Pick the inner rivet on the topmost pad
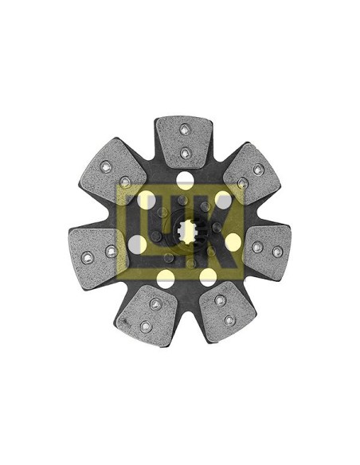[x=184, y=152]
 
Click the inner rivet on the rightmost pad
[x=256, y=247]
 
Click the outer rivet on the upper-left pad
[x=106, y=166]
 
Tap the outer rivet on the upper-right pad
[x=258, y=169]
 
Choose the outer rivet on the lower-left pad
[x=144, y=326]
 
